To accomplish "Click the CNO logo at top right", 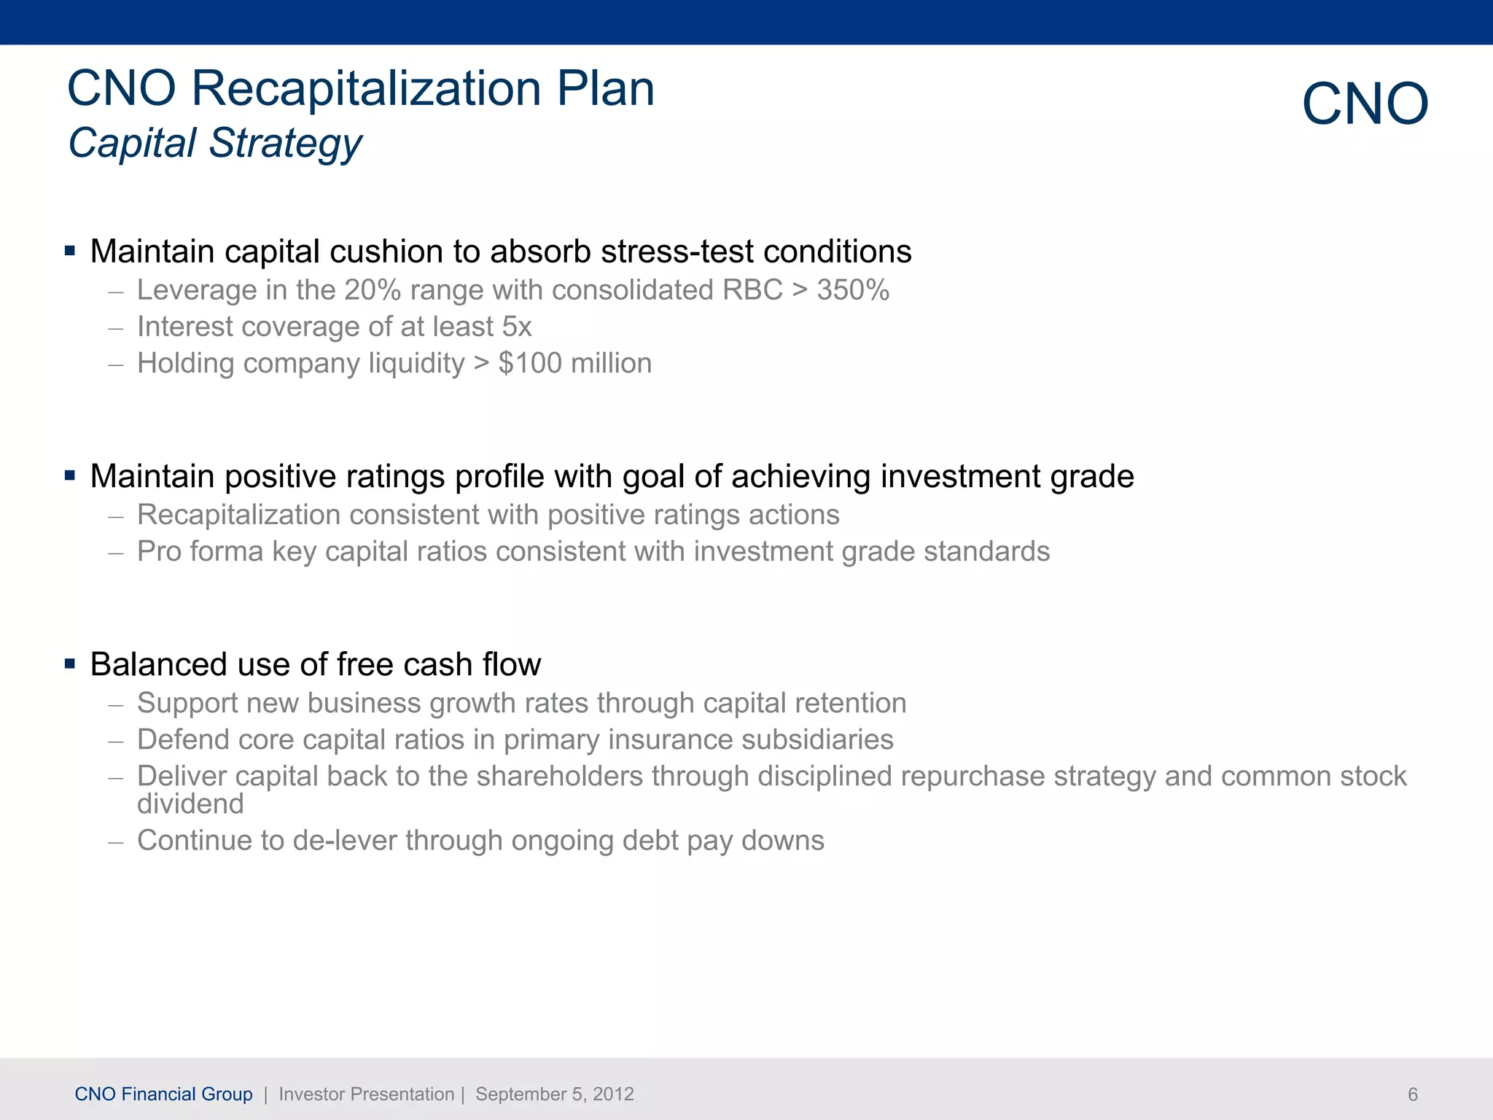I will tap(1365, 104).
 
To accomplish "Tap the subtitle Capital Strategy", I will tap(215, 143).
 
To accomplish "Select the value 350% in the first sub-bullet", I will tap(852, 290).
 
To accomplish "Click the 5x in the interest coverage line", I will tap(517, 327).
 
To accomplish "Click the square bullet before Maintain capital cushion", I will tap(70, 252).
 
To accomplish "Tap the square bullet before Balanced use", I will tap(70, 664).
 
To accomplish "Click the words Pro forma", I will tap(200, 552).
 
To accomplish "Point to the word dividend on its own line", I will tap(190, 804).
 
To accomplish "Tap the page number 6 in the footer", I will tap(1412, 1094).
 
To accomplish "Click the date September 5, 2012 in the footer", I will tap(554, 1094).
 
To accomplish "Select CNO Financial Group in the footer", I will tap(163, 1094).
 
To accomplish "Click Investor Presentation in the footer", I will tap(366, 1094).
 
